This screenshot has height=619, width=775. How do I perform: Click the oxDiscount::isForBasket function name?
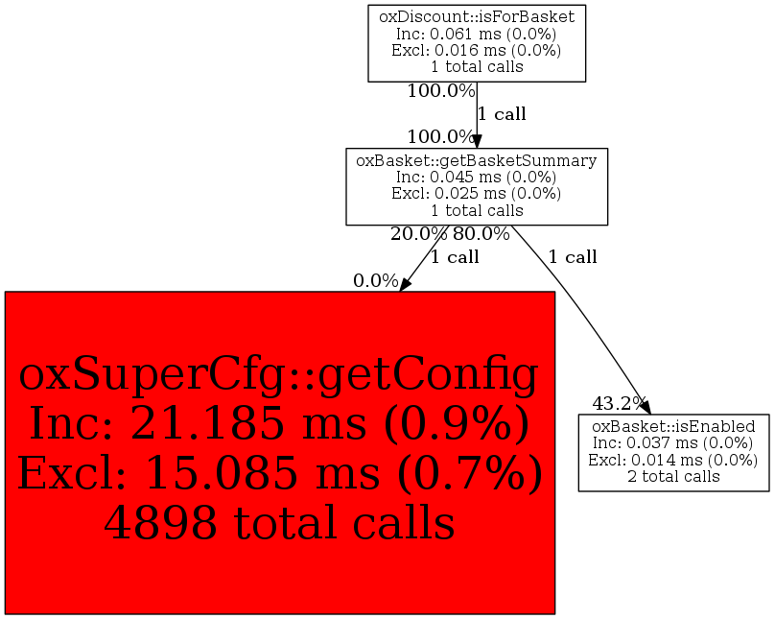pyautogui.click(x=477, y=17)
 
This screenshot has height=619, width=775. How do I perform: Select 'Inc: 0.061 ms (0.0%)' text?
pyautogui.click(x=477, y=34)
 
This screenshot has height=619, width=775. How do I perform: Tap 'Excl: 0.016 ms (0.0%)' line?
pyautogui.click(x=477, y=50)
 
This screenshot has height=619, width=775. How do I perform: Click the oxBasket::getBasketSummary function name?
pyautogui.click(x=477, y=160)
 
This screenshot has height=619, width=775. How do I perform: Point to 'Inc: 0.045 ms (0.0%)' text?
pyautogui.click(x=477, y=177)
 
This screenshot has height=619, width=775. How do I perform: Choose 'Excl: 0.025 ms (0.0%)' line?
pyautogui.click(x=477, y=193)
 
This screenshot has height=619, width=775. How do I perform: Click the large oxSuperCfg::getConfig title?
pyautogui.click(x=279, y=376)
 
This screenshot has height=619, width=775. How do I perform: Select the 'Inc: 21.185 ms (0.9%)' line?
pyautogui.click(x=280, y=423)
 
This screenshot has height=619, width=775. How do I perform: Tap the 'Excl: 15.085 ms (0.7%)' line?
pyautogui.click(x=280, y=473)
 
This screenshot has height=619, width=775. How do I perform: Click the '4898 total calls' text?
pyautogui.click(x=280, y=523)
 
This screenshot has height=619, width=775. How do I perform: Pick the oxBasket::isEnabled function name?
pyautogui.click(x=673, y=427)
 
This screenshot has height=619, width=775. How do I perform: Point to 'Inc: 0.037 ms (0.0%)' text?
pyautogui.click(x=673, y=443)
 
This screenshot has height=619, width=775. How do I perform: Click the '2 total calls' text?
pyautogui.click(x=673, y=477)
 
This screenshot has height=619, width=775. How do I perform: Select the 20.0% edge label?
pyautogui.click(x=418, y=234)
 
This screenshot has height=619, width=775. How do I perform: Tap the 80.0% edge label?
pyautogui.click(x=481, y=234)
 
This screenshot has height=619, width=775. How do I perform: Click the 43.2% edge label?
pyautogui.click(x=620, y=404)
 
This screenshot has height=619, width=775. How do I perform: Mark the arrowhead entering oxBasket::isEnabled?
pyautogui.click(x=645, y=408)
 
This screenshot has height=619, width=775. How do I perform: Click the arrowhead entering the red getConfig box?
pyautogui.click(x=405, y=285)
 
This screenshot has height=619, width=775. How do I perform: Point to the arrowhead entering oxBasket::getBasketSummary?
pyautogui.click(x=477, y=141)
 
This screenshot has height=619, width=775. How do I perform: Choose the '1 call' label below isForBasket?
pyautogui.click(x=502, y=114)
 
